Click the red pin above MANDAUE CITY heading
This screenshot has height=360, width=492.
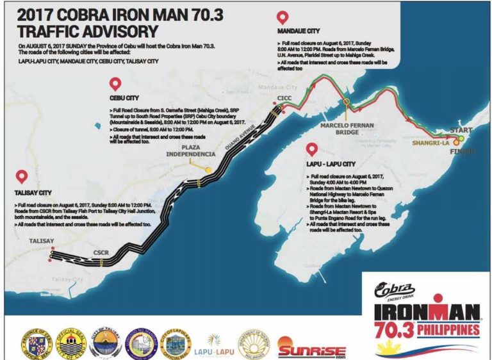(281, 17)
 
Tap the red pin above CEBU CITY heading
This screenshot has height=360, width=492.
(115, 84)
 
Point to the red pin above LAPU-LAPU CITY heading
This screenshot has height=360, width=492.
(312, 149)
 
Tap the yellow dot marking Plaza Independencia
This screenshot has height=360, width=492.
(208, 170)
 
